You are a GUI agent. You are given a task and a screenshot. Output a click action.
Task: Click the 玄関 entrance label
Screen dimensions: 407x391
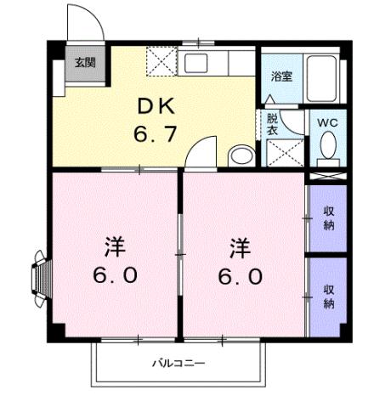pyautogui.click(x=83, y=63)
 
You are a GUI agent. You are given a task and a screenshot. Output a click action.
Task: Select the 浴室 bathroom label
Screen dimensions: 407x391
pyautogui.click(x=280, y=76)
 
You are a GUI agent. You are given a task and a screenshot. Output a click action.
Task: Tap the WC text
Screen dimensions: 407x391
pyautogui.click(x=327, y=122)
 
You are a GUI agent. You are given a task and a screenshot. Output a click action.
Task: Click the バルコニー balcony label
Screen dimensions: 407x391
pyautogui.click(x=178, y=363)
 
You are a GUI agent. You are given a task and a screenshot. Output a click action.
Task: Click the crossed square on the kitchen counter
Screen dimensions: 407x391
pyautogui.click(x=161, y=62)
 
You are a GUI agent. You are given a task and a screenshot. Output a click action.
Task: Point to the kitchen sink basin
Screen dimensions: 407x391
pyautogui.click(x=201, y=63)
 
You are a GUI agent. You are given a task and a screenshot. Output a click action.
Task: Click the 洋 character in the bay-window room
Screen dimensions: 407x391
pyautogui.click(x=116, y=248)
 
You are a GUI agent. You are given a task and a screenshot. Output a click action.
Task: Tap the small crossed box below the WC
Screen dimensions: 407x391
pyautogui.click(x=327, y=177)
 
